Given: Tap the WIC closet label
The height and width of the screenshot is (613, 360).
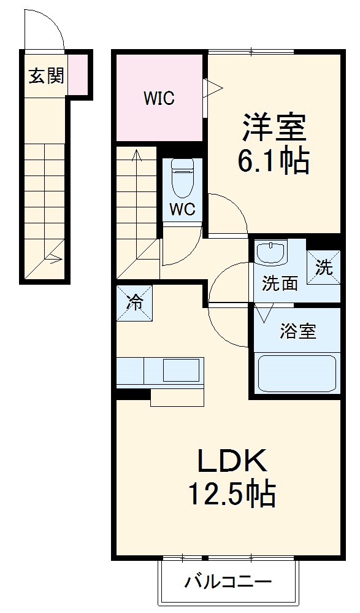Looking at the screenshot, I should (x=159, y=98).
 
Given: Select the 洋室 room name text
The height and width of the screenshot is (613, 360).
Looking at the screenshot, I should (x=273, y=128).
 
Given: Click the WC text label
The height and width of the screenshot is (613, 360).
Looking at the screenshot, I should (x=182, y=209).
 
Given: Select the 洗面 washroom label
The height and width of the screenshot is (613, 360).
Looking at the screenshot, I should (x=280, y=283).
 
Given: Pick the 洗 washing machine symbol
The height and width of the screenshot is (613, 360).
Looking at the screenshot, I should (x=323, y=268).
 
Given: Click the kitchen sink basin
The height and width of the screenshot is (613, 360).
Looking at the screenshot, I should (x=182, y=371).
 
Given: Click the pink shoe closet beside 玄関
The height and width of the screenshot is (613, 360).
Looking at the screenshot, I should (x=77, y=75).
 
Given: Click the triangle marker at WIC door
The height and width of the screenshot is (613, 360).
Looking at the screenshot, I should (x=212, y=87).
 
